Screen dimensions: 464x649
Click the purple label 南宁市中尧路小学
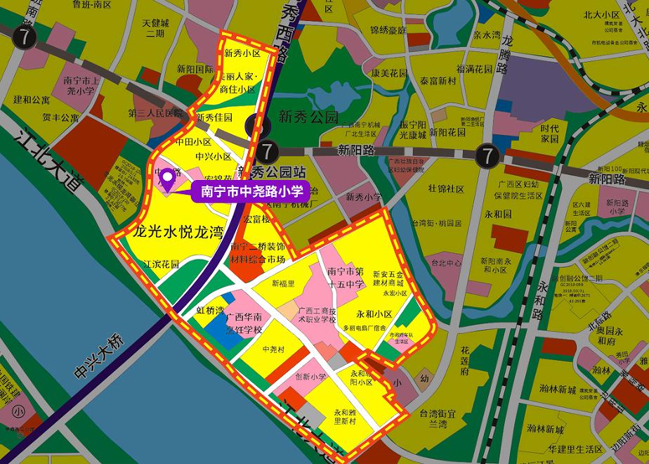(251, 191)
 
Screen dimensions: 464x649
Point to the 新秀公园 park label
(308, 117)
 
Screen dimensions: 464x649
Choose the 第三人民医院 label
(155, 113)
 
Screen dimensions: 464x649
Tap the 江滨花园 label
(161, 265)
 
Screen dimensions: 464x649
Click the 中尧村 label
(273, 349)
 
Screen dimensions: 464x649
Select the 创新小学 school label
(310, 377)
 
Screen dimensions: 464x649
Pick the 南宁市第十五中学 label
(346, 277)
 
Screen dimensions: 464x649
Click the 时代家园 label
(549, 134)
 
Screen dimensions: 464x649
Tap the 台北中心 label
(446, 264)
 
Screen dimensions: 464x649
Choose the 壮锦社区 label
(446, 189)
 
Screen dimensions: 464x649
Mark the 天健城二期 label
(154, 28)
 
